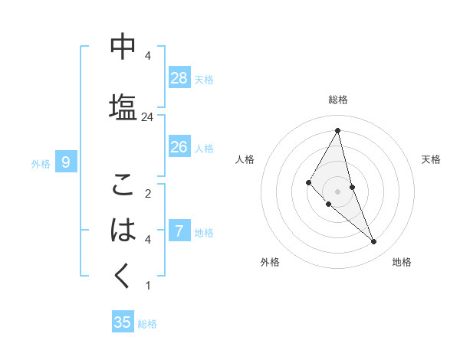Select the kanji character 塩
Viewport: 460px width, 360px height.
coord(123,105)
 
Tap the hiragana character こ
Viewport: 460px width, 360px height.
coord(123,185)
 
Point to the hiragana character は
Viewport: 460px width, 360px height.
coord(123,230)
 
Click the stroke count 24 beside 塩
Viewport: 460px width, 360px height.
coord(148,117)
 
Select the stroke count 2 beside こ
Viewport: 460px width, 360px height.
coord(148,194)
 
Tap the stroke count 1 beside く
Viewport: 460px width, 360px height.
coord(148,286)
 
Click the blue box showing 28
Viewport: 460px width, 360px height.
coord(179,77)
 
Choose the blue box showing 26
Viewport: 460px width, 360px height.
coord(179,146)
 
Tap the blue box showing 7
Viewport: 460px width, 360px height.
coord(179,231)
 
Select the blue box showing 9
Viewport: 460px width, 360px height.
coord(66,162)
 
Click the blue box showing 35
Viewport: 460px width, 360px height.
coord(123,322)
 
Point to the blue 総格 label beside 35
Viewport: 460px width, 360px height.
coord(147,324)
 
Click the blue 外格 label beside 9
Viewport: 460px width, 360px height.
coord(41,163)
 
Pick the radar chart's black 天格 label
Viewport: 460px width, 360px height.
coord(432,159)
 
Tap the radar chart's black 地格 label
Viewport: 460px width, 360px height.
coord(402,262)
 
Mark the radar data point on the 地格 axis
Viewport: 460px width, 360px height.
coord(374,242)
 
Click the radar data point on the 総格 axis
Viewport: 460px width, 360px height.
coord(337,130)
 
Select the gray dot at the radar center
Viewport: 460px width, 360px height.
coord(337,191)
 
